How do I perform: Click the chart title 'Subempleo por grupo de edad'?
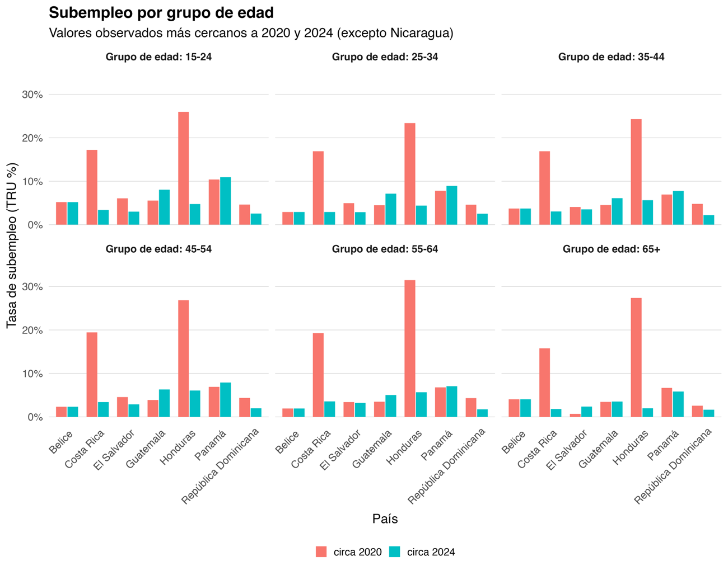[x=161, y=12]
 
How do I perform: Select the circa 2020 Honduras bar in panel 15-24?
[x=184, y=168]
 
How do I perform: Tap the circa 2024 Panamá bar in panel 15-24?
[x=226, y=201]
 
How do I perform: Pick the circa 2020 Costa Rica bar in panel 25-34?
[x=318, y=188]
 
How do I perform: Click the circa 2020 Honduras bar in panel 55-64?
[x=410, y=348]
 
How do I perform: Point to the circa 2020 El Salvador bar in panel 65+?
[x=575, y=415]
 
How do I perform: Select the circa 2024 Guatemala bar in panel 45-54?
[x=165, y=403]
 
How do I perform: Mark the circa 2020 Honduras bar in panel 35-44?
[x=636, y=172]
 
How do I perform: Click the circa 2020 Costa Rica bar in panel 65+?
[x=544, y=383]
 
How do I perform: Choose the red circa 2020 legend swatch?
[x=321, y=552]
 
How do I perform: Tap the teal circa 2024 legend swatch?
[x=395, y=552]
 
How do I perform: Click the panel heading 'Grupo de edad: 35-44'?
[x=611, y=57]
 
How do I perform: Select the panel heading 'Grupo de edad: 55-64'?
[x=385, y=249]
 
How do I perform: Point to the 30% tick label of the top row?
[x=32, y=95]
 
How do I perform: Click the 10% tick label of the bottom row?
[x=32, y=374]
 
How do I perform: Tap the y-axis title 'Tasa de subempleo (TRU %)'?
[x=12, y=246]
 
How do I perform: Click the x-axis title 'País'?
[x=385, y=519]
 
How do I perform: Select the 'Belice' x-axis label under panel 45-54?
[x=60, y=442]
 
